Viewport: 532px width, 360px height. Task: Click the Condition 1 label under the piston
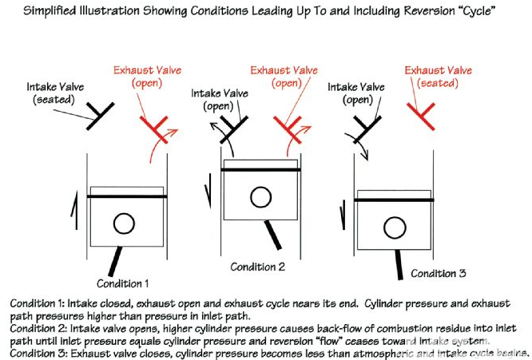click(122, 283)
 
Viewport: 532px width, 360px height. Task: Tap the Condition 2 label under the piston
click(257, 267)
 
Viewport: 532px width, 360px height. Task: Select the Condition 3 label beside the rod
click(438, 273)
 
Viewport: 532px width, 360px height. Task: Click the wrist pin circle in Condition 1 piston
click(124, 224)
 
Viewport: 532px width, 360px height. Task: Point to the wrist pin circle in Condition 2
click(261, 197)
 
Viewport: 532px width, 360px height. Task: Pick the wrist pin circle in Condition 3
click(395, 227)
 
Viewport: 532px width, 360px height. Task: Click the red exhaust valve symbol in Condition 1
click(154, 129)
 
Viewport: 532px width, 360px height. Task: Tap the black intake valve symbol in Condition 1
click(100, 116)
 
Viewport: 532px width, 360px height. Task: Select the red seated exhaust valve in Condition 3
click(421, 117)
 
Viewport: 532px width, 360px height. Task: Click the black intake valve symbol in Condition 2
click(234, 129)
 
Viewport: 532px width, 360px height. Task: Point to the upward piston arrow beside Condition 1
click(75, 210)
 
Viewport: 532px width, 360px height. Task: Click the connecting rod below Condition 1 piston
click(115, 261)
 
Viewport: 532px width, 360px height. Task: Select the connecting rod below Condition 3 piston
click(399, 265)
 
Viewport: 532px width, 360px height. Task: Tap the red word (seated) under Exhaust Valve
click(438, 83)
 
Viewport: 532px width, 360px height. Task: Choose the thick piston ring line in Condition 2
click(261, 169)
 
